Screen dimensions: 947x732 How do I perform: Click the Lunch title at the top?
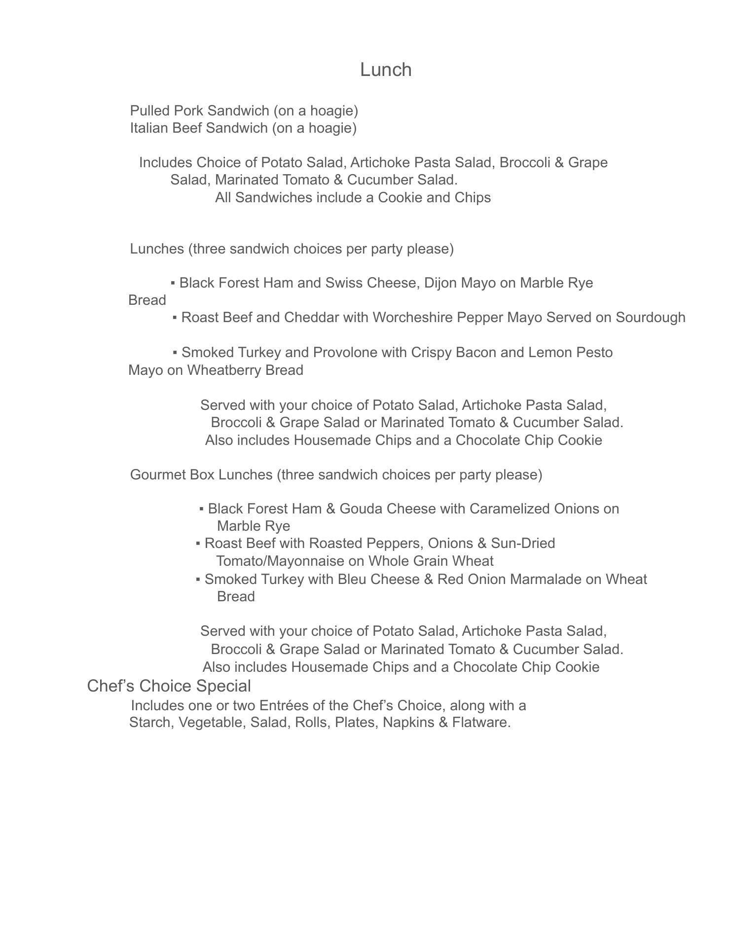(386, 70)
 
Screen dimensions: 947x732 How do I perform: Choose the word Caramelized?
(510, 509)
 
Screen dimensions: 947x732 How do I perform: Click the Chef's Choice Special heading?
(169, 686)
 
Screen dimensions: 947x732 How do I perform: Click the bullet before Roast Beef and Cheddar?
(175, 318)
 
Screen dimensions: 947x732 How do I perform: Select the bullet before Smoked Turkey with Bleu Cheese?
(198, 580)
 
